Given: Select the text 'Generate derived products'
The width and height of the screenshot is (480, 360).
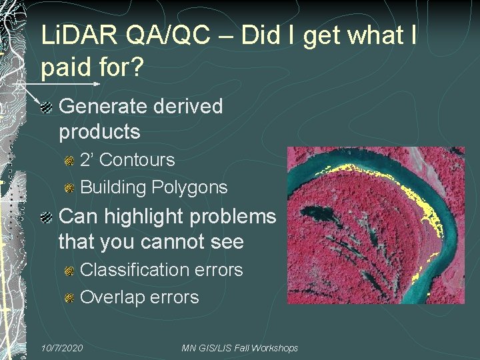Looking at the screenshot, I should click(141, 119).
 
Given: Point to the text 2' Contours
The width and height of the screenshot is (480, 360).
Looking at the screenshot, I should click(127, 160).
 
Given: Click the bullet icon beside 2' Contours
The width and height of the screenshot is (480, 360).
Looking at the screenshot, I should click(69, 161).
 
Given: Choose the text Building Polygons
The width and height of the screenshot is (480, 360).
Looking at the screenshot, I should click(154, 187).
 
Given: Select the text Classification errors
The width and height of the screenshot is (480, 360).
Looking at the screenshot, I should click(161, 269).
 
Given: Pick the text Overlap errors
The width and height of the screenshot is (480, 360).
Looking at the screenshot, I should click(139, 297).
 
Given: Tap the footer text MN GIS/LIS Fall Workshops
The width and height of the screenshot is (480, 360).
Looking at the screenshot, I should click(240, 349).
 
